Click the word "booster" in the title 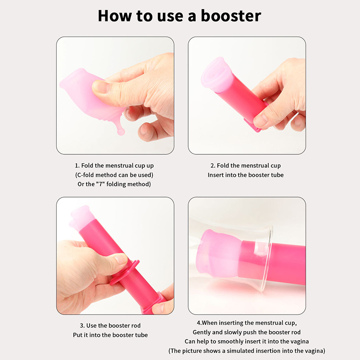[x=231, y=16]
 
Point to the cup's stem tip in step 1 [x=121, y=132]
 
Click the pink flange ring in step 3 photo [x=125, y=273]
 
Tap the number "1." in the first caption [x=77, y=166]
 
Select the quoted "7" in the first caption [x=100, y=184]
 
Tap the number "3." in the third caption [x=82, y=326]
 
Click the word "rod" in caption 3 [x=135, y=326]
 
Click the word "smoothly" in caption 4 [x=228, y=342]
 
